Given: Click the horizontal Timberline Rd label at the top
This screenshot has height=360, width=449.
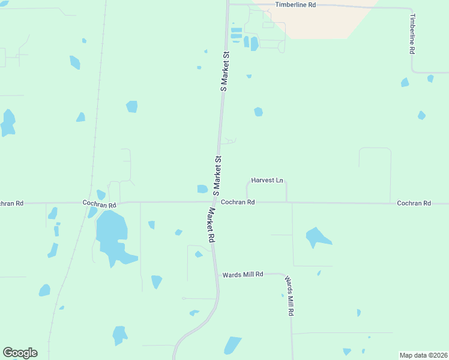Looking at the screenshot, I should click(295, 5).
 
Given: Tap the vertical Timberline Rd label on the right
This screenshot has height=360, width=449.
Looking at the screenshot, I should click(412, 35).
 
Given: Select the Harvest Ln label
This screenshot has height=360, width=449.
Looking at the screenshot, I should click(267, 180).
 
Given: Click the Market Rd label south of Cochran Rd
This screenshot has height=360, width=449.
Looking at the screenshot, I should click(211, 225).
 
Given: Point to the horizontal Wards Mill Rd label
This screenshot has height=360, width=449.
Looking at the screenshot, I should click(243, 274).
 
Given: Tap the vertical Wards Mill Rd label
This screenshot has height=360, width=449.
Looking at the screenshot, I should click(289, 296).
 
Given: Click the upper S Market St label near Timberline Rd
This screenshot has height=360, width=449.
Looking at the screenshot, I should click(225, 71).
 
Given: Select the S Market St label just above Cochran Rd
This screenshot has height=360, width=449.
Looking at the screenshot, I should click(218, 175).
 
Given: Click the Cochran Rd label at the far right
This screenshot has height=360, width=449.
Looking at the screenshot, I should click(414, 203).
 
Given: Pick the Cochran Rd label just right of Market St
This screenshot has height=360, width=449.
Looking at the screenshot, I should click(238, 203).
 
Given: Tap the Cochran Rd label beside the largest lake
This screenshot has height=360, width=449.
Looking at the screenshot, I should click(100, 204).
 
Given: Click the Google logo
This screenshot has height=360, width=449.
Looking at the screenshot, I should click(20, 353).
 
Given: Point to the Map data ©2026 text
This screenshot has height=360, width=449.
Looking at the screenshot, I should click(423, 355).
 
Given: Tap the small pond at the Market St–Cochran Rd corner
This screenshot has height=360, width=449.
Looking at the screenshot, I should click(202, 189).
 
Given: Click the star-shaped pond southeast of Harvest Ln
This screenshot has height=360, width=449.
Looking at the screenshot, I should click(316, 237).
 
